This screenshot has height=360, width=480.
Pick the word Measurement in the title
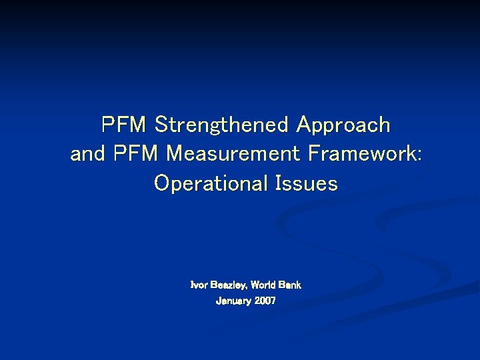[235, 154]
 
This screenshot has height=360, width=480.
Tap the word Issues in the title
[313, 183]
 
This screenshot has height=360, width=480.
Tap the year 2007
[264, 301]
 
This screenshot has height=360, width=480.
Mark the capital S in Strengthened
[160, 125]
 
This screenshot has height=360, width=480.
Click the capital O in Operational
[161, 183]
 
